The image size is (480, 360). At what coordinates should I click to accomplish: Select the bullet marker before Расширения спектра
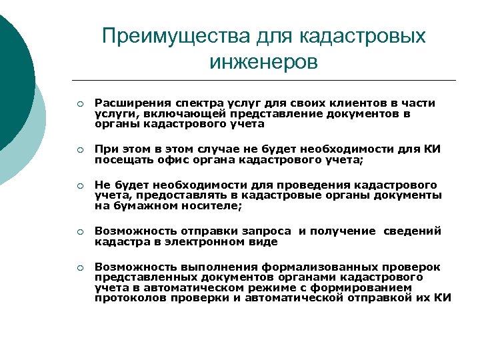click(79, 104)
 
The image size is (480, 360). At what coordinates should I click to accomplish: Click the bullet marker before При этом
click(79, 149)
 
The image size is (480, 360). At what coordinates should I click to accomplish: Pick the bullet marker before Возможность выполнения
click(79, 268)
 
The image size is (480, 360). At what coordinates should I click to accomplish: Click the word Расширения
click(130, 103)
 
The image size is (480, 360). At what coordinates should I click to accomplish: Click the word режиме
click(263, 287)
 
